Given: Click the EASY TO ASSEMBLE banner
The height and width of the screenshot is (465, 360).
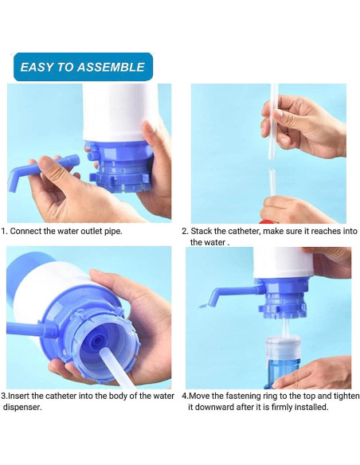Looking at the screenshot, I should coord(83,67).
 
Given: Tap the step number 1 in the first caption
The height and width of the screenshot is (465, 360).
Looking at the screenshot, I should coord(4,232).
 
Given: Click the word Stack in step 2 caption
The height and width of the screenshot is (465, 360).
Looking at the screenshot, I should coord(202,232).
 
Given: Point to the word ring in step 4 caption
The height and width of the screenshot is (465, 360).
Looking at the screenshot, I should coord(283,396).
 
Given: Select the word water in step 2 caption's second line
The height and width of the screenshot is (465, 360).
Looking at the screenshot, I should coord(216,243).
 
